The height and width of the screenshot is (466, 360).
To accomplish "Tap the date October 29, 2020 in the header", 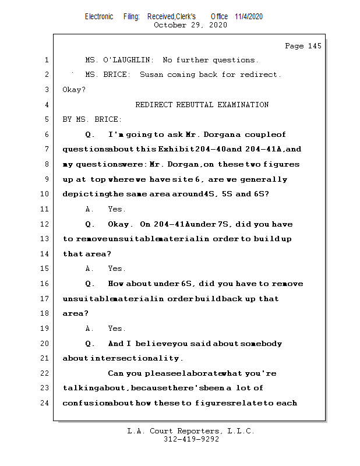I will click(190, 25).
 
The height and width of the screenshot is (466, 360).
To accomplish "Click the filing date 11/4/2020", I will click(249, 16).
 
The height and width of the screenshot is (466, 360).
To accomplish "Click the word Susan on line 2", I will click(151, 75).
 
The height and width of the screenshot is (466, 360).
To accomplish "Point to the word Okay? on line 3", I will click(74, 90).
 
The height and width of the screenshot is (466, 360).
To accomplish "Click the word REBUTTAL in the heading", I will click(195, 105).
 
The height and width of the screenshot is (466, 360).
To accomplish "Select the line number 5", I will click(46, 119).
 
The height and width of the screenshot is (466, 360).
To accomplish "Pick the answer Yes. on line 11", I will click(117, 209).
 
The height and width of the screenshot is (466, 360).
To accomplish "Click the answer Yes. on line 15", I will click(117, 269).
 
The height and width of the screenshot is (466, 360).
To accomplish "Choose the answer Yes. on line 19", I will click(117, 329).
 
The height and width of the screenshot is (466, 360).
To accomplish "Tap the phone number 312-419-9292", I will click(191, 439).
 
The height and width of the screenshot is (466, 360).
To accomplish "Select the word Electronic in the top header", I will click(99, 16).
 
